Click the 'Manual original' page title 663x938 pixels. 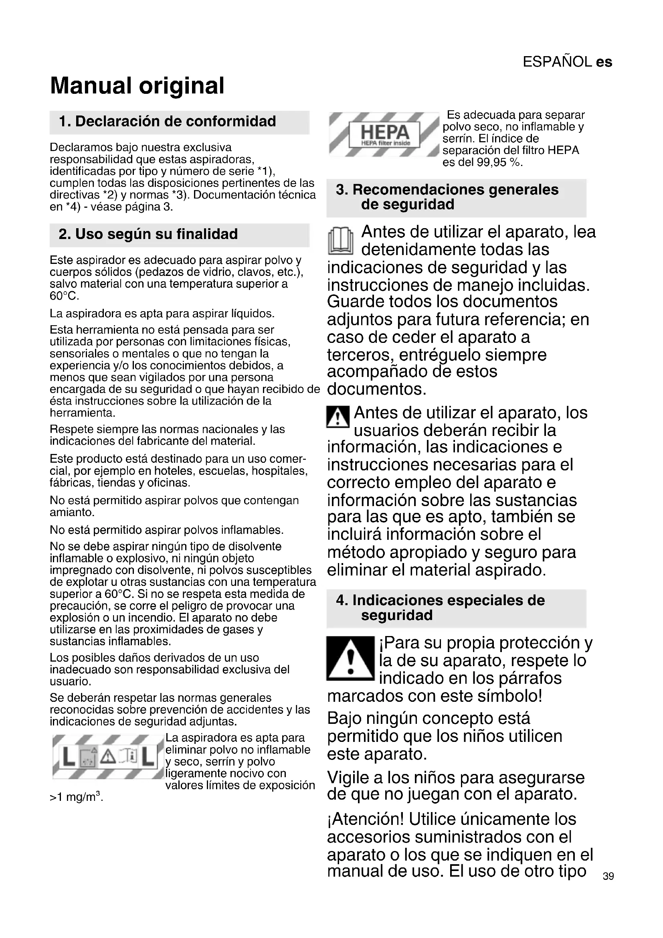pyautogui.click(x=137, y=86)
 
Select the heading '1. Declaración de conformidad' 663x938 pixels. pyautogui.click(x=168, y=122)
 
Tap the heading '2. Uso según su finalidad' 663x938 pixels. pyautogui.click(x=148, y=234)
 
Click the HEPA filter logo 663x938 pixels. pyautogui.click(x=384, y=134)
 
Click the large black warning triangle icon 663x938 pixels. pyautogui.click(x=350, y=658)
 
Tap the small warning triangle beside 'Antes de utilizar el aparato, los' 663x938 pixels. pyautogui.click(x=338, y=417)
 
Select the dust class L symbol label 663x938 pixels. pyautogui.click(x=108, y=757)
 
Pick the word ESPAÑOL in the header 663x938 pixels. pyautogui.click(x=557, y=62)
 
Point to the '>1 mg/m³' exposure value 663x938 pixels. pyautogui.click(x=76, y=797)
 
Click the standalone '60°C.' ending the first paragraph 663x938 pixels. pyautogui.click(x=65, y=296)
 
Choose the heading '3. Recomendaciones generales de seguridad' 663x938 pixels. pyautogui.click(x=447, y=197)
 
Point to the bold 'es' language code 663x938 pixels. pyautogui.click(x=604, y=62)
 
